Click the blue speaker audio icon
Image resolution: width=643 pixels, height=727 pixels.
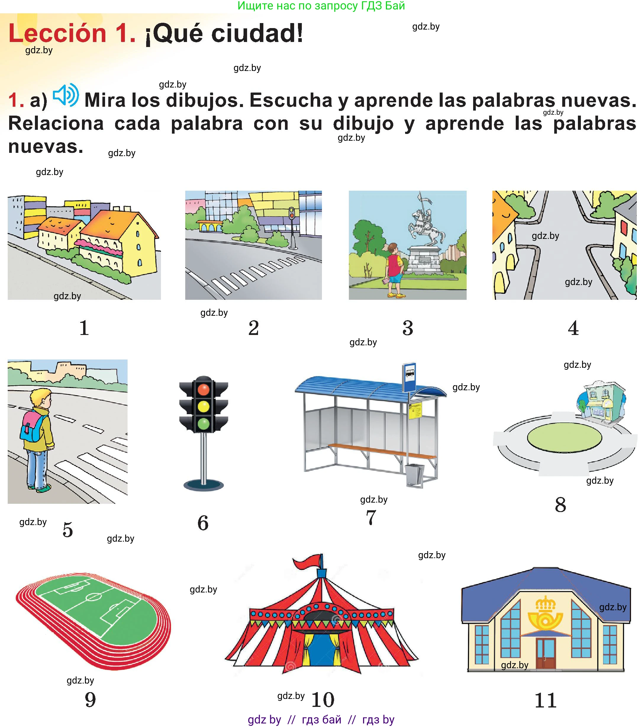(66, 95)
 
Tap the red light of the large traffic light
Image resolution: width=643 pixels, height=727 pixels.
(203, 389)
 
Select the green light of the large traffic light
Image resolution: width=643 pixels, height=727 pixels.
(203, 424)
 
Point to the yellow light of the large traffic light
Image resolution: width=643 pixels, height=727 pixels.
(203, 407)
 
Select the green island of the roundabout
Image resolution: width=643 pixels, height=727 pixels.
(564, 438)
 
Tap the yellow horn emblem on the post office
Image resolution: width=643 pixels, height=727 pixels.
(545, 612)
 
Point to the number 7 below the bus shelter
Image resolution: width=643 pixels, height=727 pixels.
(371, 517)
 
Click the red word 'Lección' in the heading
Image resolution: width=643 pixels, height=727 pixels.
(57, 33)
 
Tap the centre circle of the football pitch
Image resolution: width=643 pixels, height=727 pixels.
(94, 597)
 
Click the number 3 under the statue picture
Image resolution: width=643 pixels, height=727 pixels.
(408, 328)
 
